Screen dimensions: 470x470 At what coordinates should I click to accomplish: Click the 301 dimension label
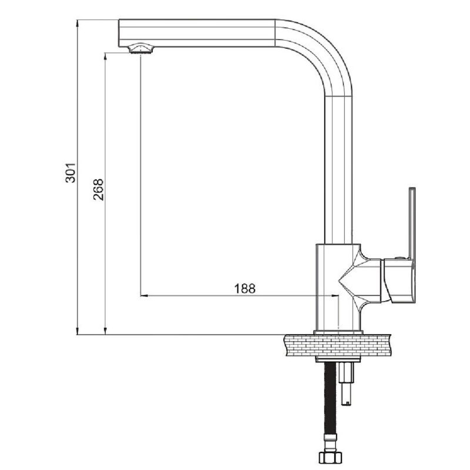click(x=70, y=173)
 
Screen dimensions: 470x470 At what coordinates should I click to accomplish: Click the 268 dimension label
click(x=98, y=190)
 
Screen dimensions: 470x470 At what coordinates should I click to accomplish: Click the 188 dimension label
click(x=244, y=288)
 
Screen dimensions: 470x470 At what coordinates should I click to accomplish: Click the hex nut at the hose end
click(x=331, y=458)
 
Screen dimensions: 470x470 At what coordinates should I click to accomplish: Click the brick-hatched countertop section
click(x=337, y=345)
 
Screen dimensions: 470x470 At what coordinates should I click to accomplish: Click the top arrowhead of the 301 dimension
click(x=77, y=23)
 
